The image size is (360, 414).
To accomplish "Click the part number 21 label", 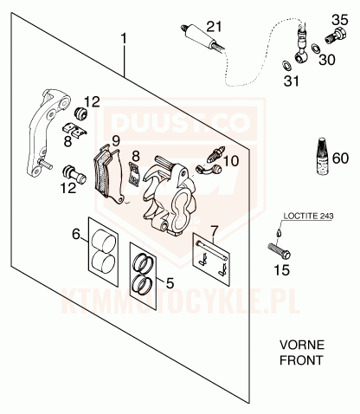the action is [x=215, y=27].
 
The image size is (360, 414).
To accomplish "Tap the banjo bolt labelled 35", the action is [x=336, y=36].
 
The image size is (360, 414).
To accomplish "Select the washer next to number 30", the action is [x=316, y=49].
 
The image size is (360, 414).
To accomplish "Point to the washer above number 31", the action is [x=286, y=66].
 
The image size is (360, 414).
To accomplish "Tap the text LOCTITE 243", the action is [x=308, y=216].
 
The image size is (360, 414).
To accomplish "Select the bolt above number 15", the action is [x=279, y=251].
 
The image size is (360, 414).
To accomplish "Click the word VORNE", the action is [x=302, y=345].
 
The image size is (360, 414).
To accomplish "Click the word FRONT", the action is [x=301, y=360].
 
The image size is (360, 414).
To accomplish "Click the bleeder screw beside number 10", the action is [x=215, y=154].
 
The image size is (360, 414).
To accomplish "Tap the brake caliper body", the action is [x=170, y=197].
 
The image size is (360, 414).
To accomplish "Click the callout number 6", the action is [x=76, y=234].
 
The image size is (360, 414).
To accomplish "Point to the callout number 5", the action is [x=170, y=283].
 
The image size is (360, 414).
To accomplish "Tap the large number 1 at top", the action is [x=124, y=39].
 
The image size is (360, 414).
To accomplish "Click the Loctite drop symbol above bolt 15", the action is [x=278, y=232].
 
